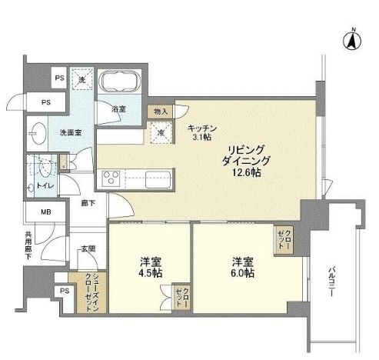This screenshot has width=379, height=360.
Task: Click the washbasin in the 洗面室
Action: click(x=39, y=131)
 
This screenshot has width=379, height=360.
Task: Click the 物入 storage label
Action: click(x=161, y=112)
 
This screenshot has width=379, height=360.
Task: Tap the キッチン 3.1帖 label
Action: click(x=202, y=132)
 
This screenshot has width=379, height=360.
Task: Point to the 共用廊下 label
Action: click(x=28, y=245)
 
